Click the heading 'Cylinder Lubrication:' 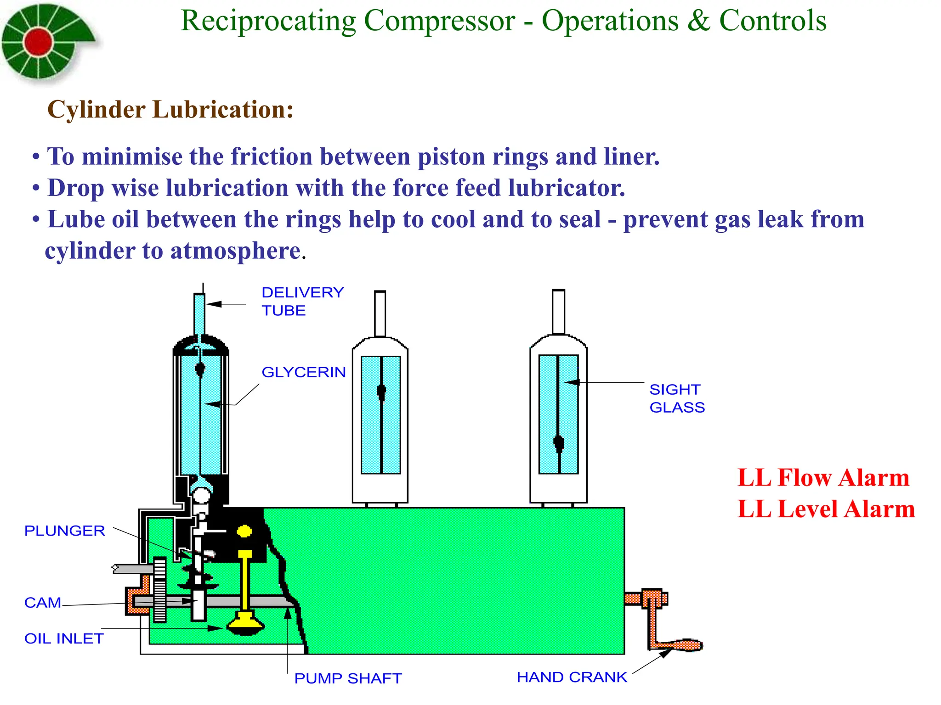pyautogui.click(x=170, y=110)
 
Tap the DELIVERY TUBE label pyautogui.click(x=302, y=302)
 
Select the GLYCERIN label pyautogui.click(x=304, y=372)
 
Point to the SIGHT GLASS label pyautogui.click(x=676, y=398)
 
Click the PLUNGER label pyautogui.click(x=65, y=531)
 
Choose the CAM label pyautogui.click(x=43, y=603)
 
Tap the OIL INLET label pyautogui.click(x=64, y=638)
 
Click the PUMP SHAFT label pyautogui.click(x=348, y=678)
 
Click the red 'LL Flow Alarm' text pyautogui.click(x=823, y=478)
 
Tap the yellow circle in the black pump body pyautogui.click(x=244, y=532)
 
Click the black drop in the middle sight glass pyautogui.click(x=381, y=392)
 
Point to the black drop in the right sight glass pyautogui.click(x=559, y=443)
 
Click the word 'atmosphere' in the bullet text pyautogui.click(x=235, y=251)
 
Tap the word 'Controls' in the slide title pyautogui.click(x=772, y=21)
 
